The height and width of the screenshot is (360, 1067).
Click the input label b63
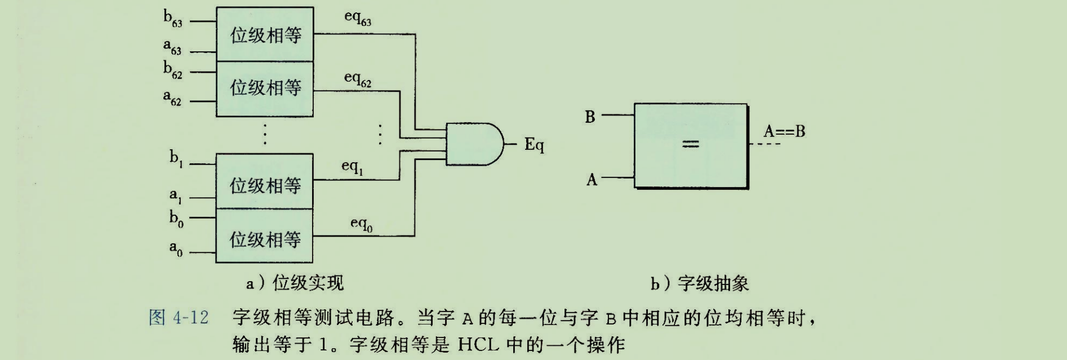click(x=172, y=19)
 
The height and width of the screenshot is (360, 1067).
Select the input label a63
click(x=172, y=47)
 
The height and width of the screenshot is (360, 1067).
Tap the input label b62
click(x=172, y=70)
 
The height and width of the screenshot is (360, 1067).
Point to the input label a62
click(x=172, y=98)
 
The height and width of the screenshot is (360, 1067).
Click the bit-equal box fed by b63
click(x=265, y=35)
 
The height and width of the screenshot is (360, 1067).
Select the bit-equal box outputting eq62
click(x=265, y=88)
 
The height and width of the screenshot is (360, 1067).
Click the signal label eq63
click(x=358, y=18)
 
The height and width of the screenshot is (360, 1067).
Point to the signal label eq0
click(x=361, y=224)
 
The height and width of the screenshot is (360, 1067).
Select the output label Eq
click(x=534, y=145)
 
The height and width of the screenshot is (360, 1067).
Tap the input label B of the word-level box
click(x=590, y=117)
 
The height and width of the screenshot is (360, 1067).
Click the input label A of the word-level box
click(x=591, y=180)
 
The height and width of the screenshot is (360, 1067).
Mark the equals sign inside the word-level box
click(x=690, y=145)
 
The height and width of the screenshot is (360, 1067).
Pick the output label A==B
click(x=784, y=132)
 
